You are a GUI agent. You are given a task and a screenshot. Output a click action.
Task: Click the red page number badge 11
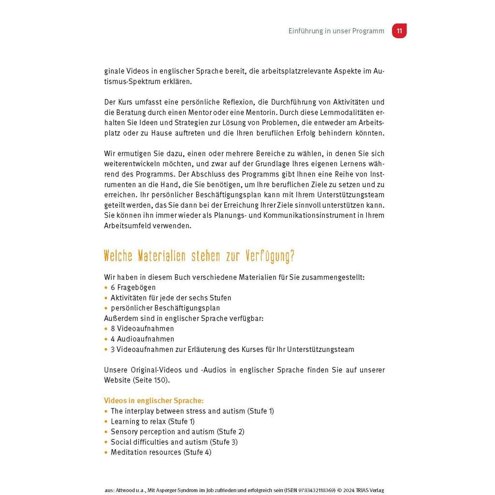[399, 31]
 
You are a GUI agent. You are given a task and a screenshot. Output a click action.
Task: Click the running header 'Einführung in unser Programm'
[336, 31]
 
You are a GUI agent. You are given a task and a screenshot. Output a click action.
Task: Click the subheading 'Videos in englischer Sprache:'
[154, 401]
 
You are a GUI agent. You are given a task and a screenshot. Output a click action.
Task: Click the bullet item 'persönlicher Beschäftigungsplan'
[165, 308]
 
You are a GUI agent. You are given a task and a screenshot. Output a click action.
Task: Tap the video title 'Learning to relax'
[139, 422]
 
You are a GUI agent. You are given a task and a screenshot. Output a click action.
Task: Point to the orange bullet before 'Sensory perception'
[106, 432]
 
